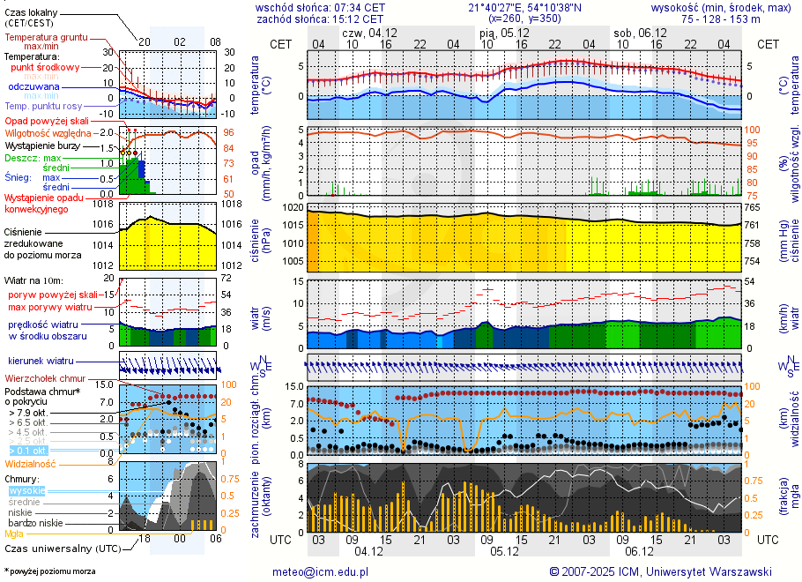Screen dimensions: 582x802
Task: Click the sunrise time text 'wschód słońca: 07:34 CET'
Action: [319, 7]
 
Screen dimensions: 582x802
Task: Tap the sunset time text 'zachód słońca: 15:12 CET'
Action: [319, 19]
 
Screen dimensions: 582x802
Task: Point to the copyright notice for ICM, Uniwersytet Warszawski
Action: [660, 571]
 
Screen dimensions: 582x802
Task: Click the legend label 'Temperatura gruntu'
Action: [46, 38]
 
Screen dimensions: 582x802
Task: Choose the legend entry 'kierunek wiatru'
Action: [41, 362]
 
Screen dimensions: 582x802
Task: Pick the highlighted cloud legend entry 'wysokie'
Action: [26, 490]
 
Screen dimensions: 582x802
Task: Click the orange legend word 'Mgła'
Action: [14, 533]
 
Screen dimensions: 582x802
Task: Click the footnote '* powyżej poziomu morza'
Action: [49, 571]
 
